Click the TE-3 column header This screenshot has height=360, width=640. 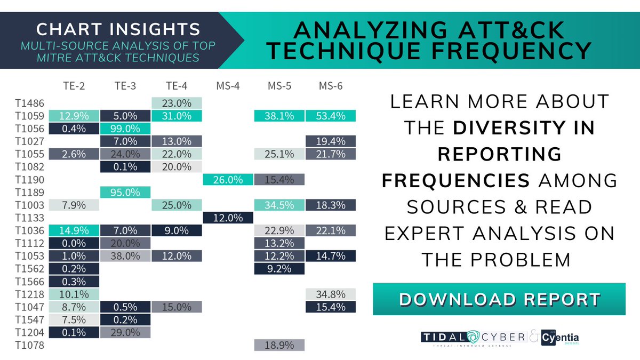[125, 85]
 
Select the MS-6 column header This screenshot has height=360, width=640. [331, 85]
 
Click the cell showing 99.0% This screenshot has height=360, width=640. [125, 129]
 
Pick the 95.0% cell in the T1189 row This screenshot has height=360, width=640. [125, 192]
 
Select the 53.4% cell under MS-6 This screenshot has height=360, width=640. [331, 116]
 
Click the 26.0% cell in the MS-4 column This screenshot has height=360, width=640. [228, 180]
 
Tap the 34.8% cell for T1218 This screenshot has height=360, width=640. [331, 294]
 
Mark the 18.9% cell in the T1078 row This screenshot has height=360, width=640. [279, 346]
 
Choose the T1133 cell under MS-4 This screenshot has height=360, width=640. [228, 218]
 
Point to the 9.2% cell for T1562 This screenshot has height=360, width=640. [279, 268]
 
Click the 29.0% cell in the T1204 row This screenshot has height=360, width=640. [125, 332]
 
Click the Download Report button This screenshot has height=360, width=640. [499, 299]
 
